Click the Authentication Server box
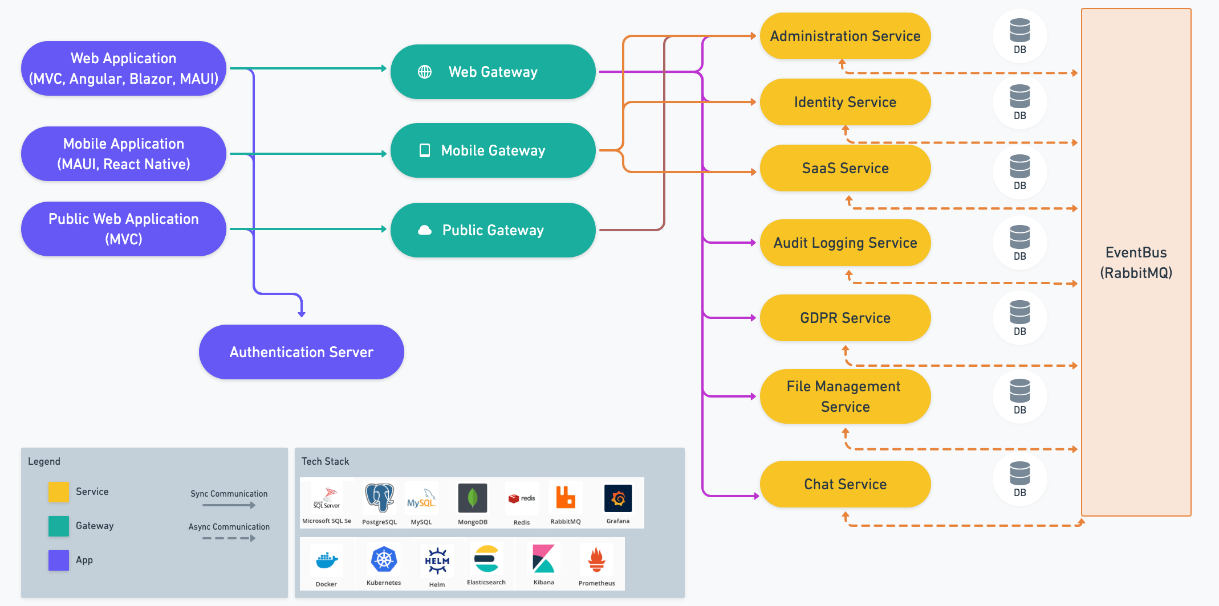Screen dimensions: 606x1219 tap(301, 352)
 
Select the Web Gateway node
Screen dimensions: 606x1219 tap(493, 72)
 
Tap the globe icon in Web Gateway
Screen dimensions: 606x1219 tap(425, 72)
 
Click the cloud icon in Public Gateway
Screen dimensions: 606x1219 tap(425, 230)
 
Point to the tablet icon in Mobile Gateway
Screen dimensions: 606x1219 tap(425, 150)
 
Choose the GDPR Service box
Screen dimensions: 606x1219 tap(845, 318)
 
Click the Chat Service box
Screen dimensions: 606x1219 tap(845, 484)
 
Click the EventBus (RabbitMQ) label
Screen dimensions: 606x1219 tap(1136, 263)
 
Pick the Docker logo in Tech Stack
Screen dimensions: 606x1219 tap(327, 560)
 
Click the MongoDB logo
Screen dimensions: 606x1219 tap(473, 498)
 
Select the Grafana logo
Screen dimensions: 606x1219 tap(618, 498)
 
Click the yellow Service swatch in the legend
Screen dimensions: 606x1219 tap(59, 492)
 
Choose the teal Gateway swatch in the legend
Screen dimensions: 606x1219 tap(59, 526)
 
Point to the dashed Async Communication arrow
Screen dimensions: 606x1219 tap(229, 538)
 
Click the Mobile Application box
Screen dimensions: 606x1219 tap(124, 154)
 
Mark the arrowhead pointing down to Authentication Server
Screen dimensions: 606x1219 tap(302, 313)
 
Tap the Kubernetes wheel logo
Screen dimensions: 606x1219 tap(384, 559)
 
